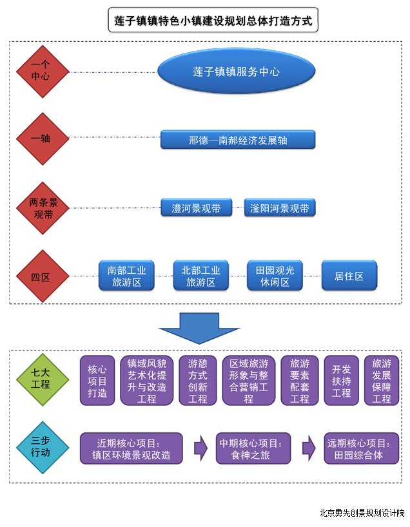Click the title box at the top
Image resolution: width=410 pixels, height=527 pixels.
click(213, 20)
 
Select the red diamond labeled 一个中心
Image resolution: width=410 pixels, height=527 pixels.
click(43, 72)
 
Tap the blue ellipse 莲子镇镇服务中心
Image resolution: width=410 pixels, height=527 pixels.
click(237, 72)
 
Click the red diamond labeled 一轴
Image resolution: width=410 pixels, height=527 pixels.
click(43, 139)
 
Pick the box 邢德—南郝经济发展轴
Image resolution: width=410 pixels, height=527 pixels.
click(238, 140)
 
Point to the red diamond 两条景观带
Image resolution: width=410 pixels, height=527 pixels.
click(43, 208)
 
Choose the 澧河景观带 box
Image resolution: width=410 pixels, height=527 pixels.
click(197, 208)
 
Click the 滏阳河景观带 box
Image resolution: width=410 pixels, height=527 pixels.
click(280, 208)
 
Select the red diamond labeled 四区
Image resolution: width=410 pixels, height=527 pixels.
click(43, 276)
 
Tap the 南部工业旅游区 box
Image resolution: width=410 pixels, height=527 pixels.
click(126, 276)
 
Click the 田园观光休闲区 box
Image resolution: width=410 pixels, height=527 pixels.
click(275, 276)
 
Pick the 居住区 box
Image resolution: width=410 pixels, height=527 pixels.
click(349, 276)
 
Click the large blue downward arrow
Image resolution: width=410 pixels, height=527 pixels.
click(199, 328)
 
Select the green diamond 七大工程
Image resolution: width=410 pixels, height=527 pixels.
click(43, 379)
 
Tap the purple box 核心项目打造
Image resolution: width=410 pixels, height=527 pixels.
click(97, 381)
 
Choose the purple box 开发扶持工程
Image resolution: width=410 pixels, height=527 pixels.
click(342, 381)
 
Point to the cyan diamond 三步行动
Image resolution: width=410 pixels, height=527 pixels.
click(43, 447)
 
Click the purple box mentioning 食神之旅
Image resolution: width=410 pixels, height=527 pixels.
click(253, 448)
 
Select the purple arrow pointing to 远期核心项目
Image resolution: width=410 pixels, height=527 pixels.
click(309, 448)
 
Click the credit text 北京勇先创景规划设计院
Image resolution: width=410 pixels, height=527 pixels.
click(362, 513)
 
